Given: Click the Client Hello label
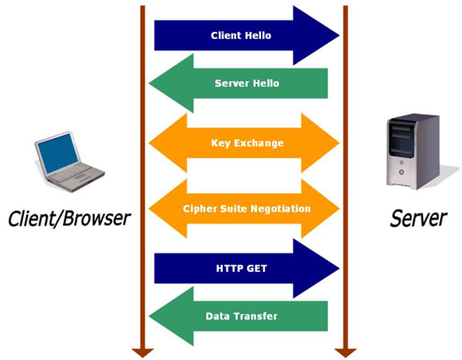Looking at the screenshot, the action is point(241,35).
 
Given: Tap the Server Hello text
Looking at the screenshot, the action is point(247,83).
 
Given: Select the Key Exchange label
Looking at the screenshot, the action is point(248,143).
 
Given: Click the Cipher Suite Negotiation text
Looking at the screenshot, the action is point(247,209).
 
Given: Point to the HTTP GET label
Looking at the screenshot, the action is point(242,268).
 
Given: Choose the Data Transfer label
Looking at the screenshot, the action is point(242,316).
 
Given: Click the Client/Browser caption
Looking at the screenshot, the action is point(69,219).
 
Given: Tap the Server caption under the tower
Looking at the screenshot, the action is point(418,218).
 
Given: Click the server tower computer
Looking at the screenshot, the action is point(414,151).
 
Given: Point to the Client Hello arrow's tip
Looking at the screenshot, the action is point(340,35).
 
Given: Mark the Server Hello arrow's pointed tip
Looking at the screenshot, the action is point(149,83).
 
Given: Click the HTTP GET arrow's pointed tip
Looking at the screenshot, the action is point(340,268).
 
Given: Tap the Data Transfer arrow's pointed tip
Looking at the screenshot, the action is point(149,316).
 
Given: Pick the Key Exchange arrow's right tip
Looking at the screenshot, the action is point(340,143).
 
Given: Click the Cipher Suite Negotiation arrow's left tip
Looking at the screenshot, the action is point(149,209).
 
